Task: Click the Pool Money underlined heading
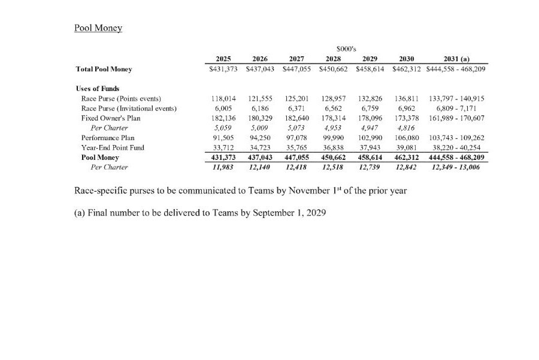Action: point(98,28)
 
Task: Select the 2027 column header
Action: point(296,59)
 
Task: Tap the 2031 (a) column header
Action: point(456,59)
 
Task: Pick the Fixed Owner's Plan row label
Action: point(111,118)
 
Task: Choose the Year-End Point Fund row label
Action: point(113,147)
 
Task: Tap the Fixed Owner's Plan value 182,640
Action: point(296,118)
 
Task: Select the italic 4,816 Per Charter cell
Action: point(407,128)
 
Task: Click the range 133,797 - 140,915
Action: point(456,98)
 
